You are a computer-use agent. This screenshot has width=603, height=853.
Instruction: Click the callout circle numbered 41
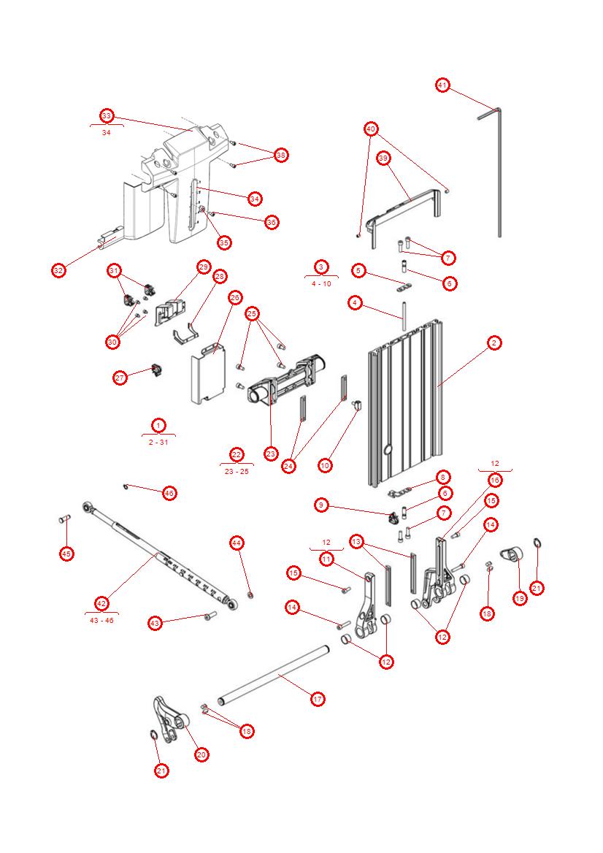click(x=442, y=85)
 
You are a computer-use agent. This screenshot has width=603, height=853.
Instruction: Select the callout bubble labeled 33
click(x=107, y=116)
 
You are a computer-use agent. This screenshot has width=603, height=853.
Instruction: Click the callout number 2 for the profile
click(x=494, y=343)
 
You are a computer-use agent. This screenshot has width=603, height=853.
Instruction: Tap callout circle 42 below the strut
click(x=101, y=603)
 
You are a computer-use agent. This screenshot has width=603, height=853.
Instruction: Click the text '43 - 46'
click(x=101, y=620)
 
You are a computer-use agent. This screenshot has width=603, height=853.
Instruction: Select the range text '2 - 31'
click(x=158, y=442)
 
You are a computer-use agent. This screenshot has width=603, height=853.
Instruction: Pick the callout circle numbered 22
click(x=236, y=454)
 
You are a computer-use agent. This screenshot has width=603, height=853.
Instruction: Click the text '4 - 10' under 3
click(x=321, y=283)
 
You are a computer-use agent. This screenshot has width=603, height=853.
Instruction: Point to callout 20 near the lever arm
click(x=201, y=754)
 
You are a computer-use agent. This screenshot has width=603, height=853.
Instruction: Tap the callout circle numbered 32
click(x=58, y=270)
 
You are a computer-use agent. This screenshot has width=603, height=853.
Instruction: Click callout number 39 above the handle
click(x=383, y=158)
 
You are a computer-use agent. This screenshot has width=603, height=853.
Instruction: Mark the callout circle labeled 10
click(x=325, y=464)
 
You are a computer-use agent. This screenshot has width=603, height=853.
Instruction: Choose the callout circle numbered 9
click(x=321, y=505)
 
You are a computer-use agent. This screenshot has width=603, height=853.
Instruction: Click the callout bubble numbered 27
click(x=120, y=378)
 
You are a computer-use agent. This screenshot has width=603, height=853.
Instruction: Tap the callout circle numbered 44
click(x=236, y=543)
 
